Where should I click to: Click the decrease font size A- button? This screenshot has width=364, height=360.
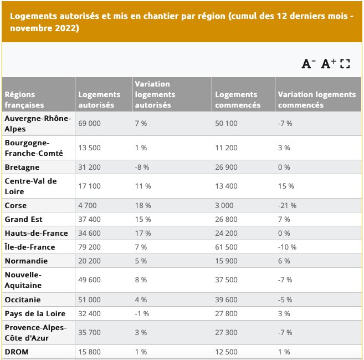(x=308, y=64)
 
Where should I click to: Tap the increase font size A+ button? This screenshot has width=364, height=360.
(x=329, y=64)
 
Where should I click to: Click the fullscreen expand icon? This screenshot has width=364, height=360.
(x=345, y=64)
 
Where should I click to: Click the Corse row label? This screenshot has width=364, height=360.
(x=16, y=205)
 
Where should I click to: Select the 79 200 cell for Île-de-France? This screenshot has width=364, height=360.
(x=90, y=247)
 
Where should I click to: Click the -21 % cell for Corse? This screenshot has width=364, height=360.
(x=287, y=205)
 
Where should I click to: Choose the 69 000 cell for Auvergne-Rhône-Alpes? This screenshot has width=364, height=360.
(x=90, y=123)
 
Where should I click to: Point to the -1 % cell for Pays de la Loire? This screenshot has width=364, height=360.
(x=141, y=313)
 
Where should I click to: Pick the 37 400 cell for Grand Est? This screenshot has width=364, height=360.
(x=90, y=219)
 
